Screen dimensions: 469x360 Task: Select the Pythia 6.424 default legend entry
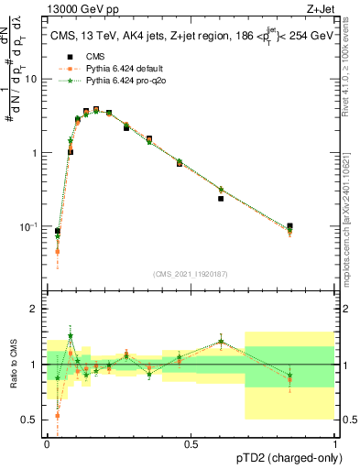point(115,69)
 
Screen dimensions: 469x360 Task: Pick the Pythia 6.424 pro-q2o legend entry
point(115,82)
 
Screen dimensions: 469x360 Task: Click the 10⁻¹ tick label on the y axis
point(29,226)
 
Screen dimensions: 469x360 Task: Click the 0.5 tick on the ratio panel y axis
point(31,420)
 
